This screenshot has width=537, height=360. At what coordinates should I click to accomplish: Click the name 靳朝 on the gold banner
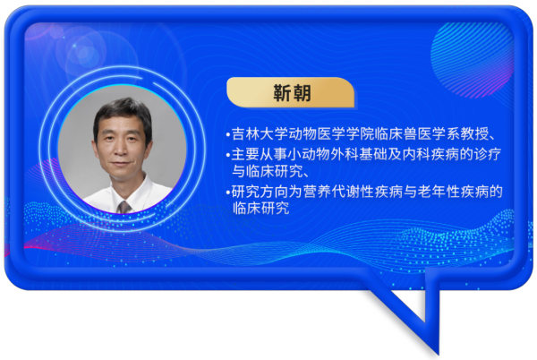pyautogui.click(x=292, y=93)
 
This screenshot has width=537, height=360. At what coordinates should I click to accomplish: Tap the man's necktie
pyautogui.click(x=124, y=207)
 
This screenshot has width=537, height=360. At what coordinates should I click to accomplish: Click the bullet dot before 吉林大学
pyautogui.click(x=228, y=135)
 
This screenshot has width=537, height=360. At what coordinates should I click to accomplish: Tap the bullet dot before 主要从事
pyautogui.click(x=228, y=156)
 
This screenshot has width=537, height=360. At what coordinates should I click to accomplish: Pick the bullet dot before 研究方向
pyautogui.click(x=228, y=193)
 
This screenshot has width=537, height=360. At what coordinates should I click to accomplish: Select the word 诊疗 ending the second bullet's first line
pyautogui.click(x=488, y=154)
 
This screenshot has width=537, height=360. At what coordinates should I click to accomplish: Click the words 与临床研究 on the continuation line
pyautogui.click(x=268, y=171)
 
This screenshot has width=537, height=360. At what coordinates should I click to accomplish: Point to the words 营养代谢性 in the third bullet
pyautogui.click(x=338, y=192)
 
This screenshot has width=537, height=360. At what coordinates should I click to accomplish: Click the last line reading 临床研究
pyautogui.click(x=261, y=208)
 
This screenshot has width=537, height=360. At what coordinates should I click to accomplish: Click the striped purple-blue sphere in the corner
pyautogui.click(x=472, y=60)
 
